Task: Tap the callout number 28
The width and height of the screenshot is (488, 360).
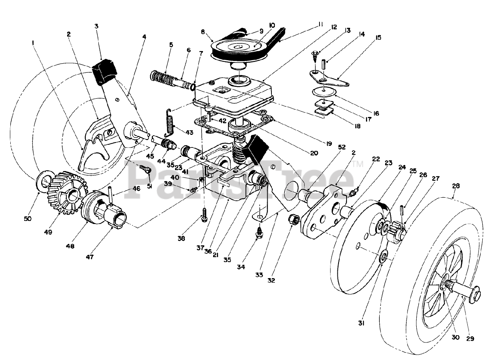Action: tap(456, 186)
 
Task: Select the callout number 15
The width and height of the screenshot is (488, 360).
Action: tap(378, 38)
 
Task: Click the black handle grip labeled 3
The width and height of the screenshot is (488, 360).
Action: tap(104, 72)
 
